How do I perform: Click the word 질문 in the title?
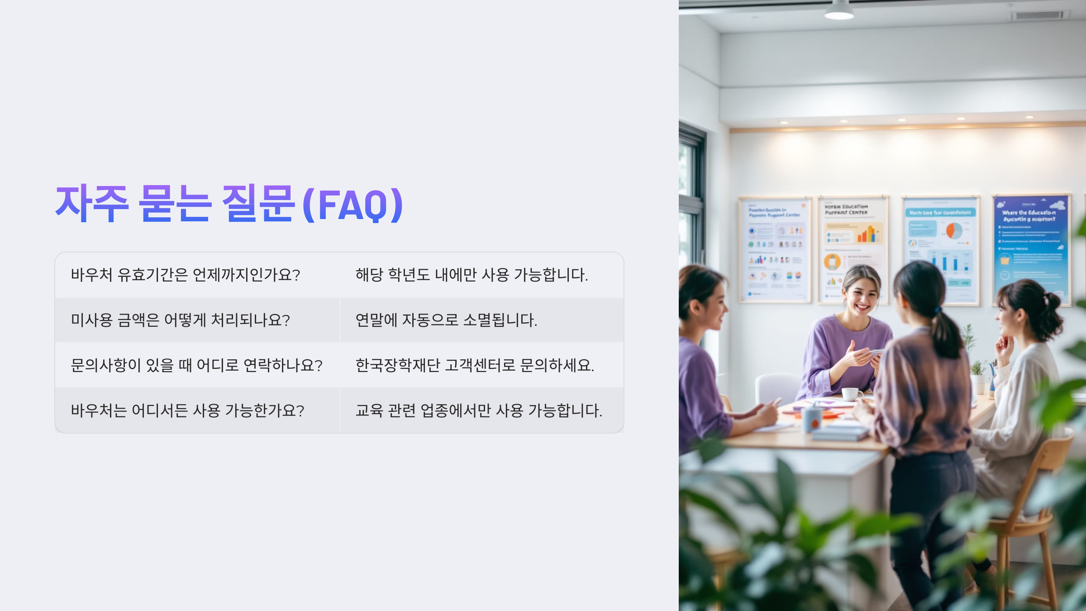258,204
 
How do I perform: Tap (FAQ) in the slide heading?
352,205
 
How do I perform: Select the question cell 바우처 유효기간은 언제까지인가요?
186,275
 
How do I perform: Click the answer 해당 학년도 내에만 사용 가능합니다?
472,275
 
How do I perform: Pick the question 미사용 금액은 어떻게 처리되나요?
180,320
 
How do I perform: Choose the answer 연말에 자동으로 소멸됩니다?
446,320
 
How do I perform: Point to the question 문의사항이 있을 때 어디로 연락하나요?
196,365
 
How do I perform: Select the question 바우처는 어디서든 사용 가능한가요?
187,411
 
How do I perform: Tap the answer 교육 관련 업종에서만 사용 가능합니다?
479,411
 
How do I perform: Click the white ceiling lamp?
839,11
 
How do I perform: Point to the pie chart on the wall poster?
954,230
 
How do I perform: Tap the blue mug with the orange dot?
812,419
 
